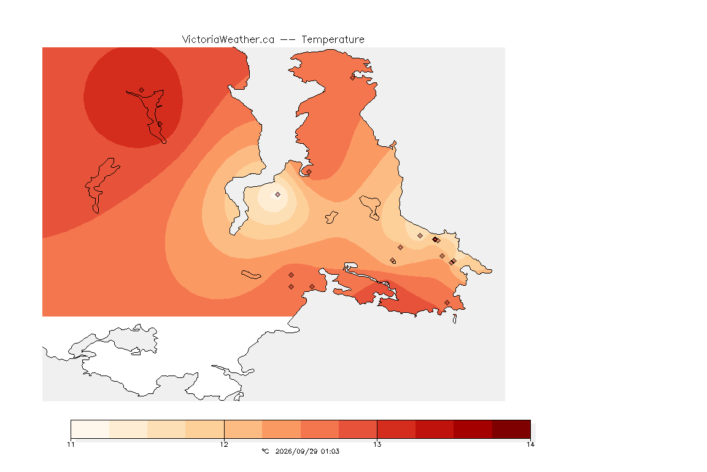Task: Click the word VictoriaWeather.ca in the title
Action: [x=228, y=40]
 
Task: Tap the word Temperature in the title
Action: [x=333, y=40]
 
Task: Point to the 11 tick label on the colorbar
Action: [x=71, y=444]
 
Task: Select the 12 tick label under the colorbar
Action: [x=224, y=444]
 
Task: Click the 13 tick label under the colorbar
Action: [x=377, y=444]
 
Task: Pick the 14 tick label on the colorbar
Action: [x=530, y=444]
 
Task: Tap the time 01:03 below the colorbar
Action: [x=330, y=451]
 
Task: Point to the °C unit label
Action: [x=265, y=451]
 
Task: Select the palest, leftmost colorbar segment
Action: [x=90, y=429]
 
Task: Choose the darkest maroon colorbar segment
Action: [x=511, y=429]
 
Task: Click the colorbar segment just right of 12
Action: [x=243, y=429]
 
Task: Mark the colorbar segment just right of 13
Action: [x=396, y=429]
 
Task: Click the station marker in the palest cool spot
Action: [x=278, y=195]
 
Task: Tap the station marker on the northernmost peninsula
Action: [x=353, y=77]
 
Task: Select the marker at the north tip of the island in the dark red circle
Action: [x=142, y=90]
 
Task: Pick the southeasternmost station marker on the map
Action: [x=447, y=303]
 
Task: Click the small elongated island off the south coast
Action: [x=251, y=275]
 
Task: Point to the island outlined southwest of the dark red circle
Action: [x=102, y=185]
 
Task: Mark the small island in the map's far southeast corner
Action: [x=455, y=319]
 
